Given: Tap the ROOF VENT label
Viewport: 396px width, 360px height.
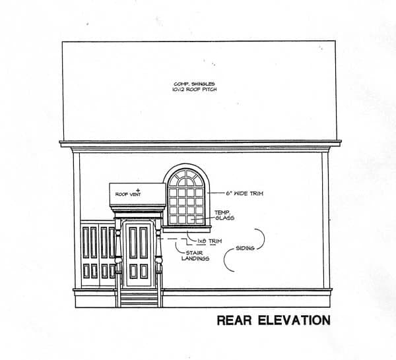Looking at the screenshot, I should (x=126, y=195).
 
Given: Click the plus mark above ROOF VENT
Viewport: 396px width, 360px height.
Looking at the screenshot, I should (x=139, y=189).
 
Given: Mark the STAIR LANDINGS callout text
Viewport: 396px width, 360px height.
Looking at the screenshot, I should (x=195, y=255).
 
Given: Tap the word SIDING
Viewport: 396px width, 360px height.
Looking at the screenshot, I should (x=246, y=249).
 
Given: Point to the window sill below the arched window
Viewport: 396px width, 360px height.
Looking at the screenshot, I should (x=188, y=227).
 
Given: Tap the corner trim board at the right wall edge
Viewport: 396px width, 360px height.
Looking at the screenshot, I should (x=326, y=221).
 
